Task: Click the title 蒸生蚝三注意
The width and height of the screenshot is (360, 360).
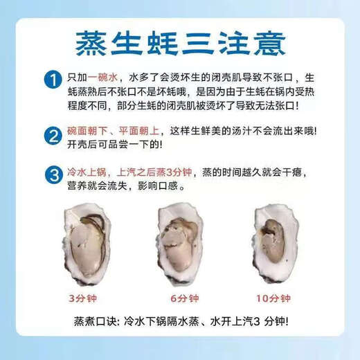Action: click(179, 40)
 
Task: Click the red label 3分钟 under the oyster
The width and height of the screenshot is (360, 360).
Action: click(83, 298)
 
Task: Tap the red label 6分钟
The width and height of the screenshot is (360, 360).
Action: click(181, 298)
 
